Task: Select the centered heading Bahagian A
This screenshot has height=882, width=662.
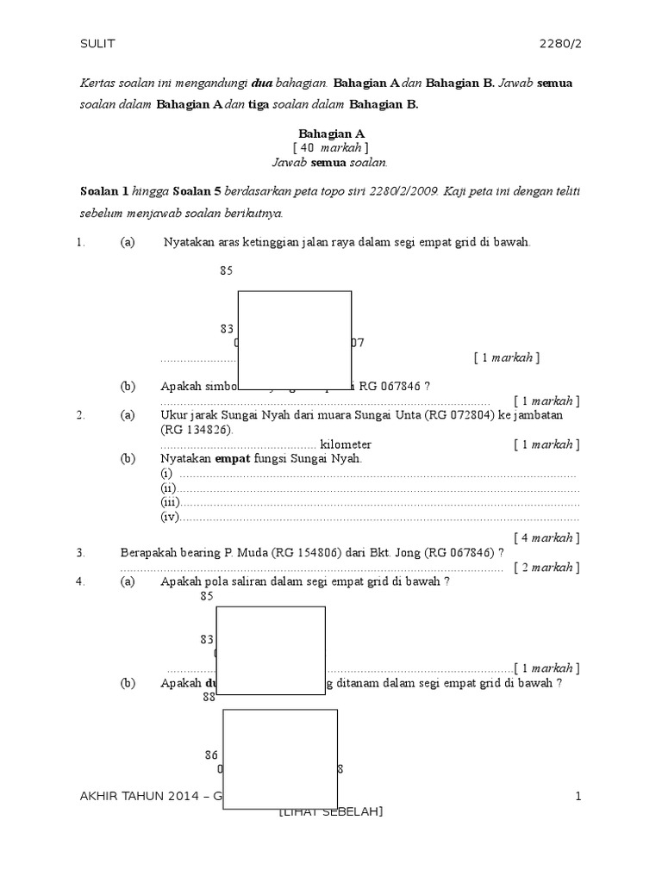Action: pos(332,134)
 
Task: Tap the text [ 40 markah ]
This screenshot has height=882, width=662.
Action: pos(331,148)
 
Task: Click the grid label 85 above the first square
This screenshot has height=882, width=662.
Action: pos(227,270)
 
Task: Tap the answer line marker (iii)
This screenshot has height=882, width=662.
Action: pos(169,502)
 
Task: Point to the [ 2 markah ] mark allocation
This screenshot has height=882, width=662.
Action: pos(546,567)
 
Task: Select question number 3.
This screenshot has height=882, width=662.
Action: pos(80,553)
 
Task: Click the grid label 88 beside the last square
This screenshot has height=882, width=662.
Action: pos(209,698)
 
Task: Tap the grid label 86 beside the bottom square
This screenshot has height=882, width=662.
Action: pos(211,755)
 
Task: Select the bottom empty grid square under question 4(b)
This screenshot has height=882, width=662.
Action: pos(280,759)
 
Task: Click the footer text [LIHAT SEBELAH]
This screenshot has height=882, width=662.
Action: pos(331,812)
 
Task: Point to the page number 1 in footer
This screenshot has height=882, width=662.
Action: pos(578,798)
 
